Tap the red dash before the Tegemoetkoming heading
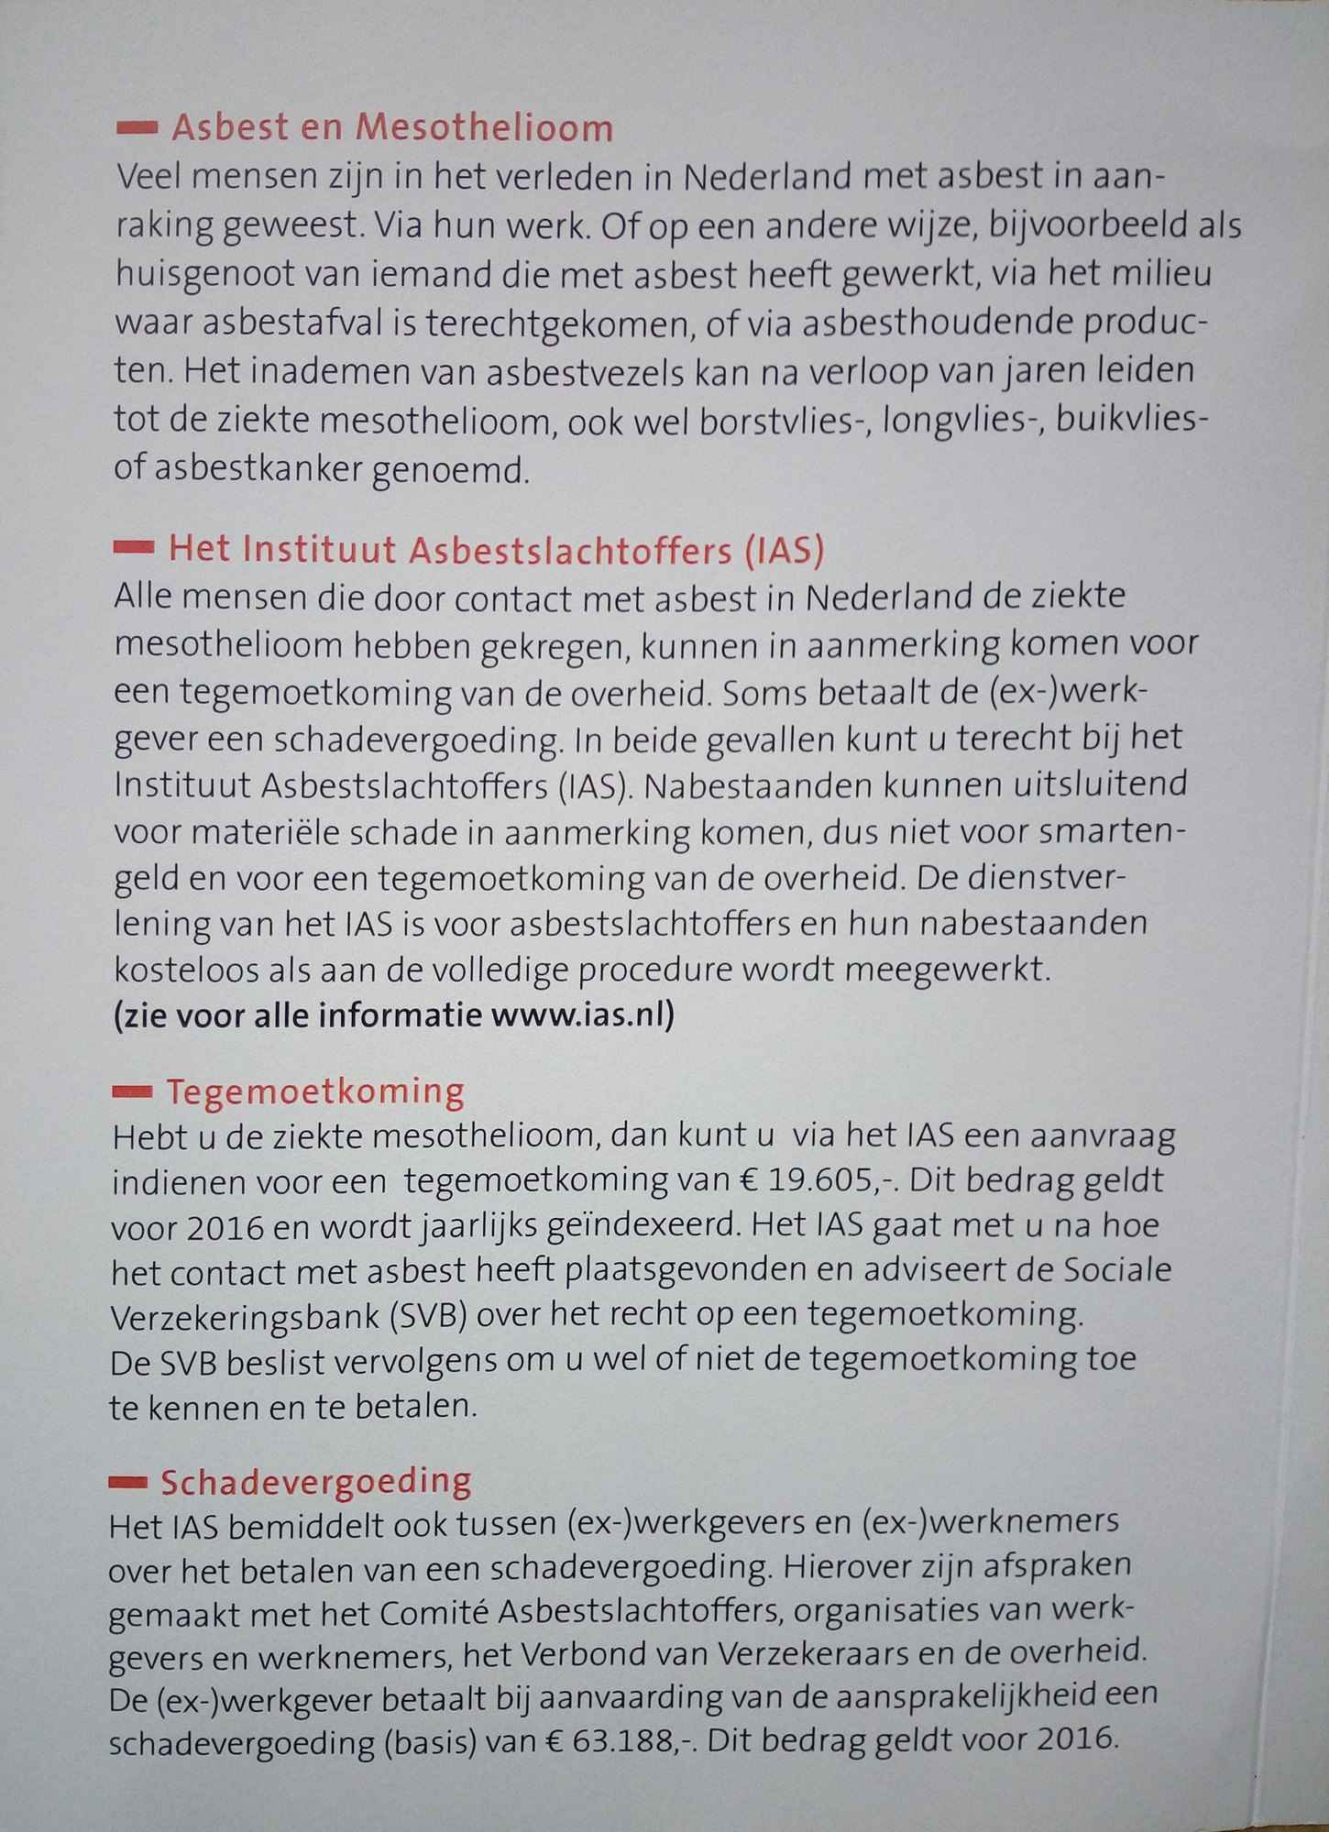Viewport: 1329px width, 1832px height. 131,1091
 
